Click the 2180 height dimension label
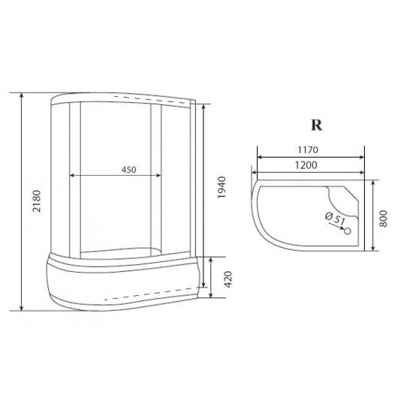point(37,201)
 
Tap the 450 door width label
point(129,170)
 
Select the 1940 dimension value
point(222,187)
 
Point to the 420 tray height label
point(228,279)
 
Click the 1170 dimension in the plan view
point(308,150)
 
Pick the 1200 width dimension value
point(306,165)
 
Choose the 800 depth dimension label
point(383,219)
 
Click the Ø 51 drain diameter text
point(336,219)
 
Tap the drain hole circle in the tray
point(348,231)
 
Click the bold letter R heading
point(316,125)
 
